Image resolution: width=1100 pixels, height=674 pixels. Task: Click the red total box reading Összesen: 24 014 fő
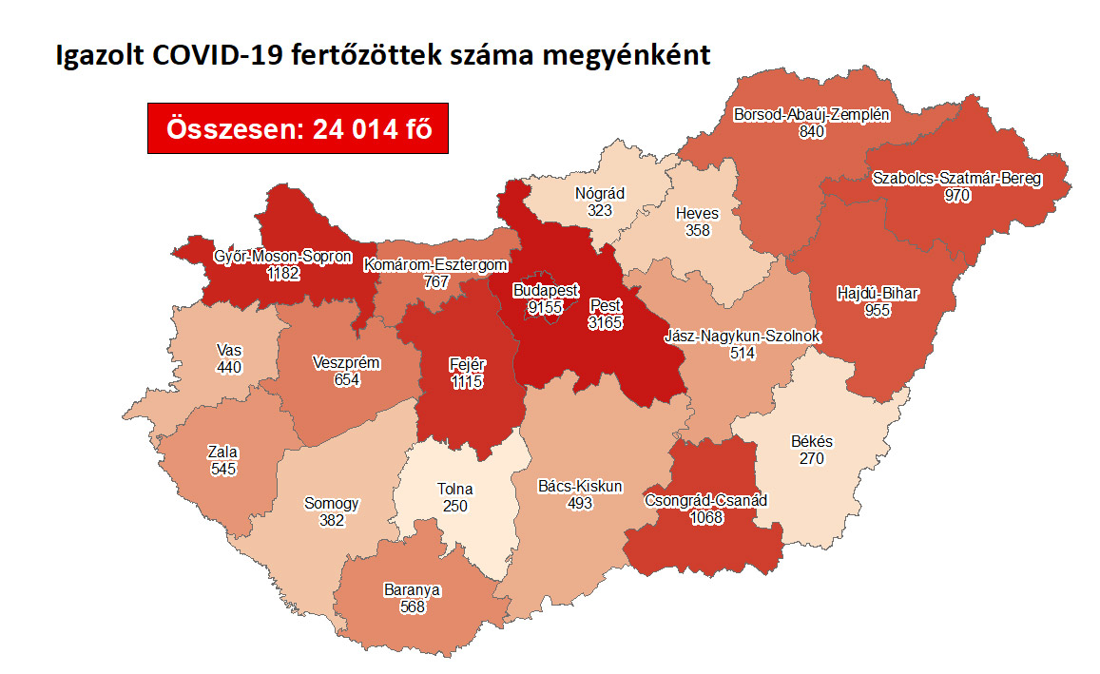[x=298, y=127]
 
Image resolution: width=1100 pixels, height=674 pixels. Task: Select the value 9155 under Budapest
[x=546, y=306]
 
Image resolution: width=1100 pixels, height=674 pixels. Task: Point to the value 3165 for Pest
[x=606, y=323]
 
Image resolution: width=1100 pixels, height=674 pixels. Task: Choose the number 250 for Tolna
[x=454, y=506]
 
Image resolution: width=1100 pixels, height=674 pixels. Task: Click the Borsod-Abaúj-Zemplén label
[x=811, y=114]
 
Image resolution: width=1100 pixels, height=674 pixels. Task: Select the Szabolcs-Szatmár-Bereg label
[x=956, y=178]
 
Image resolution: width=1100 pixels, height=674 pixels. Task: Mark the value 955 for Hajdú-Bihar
[x=876, y=310]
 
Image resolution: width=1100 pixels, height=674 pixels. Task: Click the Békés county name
[x=811, y=442]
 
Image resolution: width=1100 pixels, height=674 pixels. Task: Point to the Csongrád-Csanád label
[x=705, y=501]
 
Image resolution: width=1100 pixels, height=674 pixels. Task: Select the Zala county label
[x=222, y=453]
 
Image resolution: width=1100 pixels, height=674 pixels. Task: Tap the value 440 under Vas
[x=228, y=367]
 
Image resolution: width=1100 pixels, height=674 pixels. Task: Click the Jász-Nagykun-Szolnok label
[x=743, y=337]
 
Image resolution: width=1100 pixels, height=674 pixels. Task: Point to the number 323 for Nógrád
[x=599, y=210]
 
